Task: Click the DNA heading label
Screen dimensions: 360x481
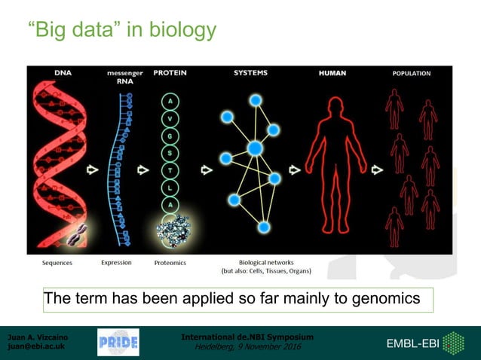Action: (x=63, y=73)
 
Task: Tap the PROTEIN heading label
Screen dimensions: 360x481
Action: (x=170, y=73)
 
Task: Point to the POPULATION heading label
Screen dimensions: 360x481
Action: (x=411, y=74)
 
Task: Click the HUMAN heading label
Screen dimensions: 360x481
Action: (x=332, y=73)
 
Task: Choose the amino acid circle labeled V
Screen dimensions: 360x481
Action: (x=170, y=117)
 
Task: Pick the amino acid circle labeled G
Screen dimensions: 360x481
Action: (x=170, y=135)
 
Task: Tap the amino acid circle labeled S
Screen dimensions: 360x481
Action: (x=170, y=152)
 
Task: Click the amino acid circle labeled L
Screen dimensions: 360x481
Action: (x=170, y=187)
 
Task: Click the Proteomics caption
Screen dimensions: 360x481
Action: (x=170, y=263)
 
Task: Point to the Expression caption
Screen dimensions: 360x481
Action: (x=116, y=263)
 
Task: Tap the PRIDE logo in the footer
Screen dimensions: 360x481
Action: (x=118, y=343)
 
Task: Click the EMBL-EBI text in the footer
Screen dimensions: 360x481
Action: (x=412, y=343)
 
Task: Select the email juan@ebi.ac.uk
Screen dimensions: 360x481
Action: (x=35, y=346)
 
